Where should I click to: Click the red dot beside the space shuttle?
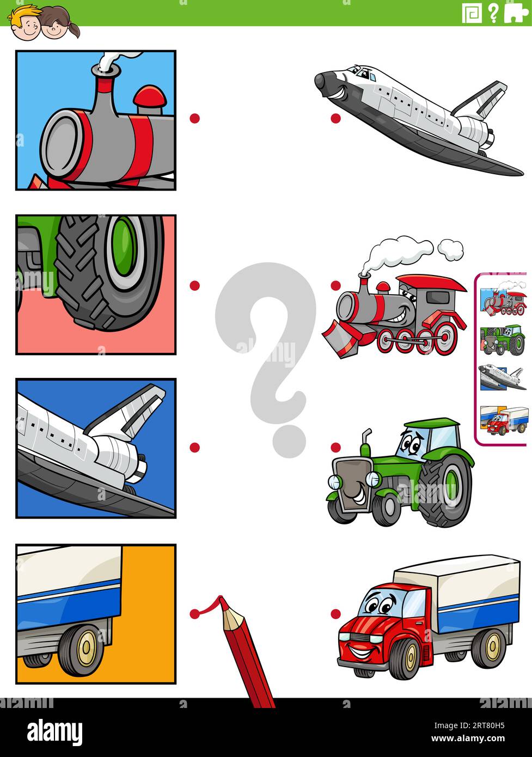pyautogui.click(x=336, y=118)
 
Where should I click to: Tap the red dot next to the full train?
pyautogui.click(x=336, y=285)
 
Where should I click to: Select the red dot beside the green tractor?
pyautogui.click(x=336, y=447)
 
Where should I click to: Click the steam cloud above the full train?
pyautogui.click(x=403, y=250)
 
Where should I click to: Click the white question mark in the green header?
pyautogui.click(x=493, y=13)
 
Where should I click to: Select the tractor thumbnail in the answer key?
pyautogui.click(x=503, y=340)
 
